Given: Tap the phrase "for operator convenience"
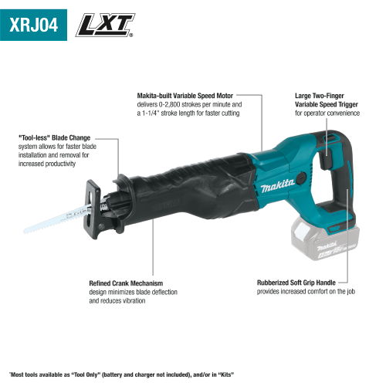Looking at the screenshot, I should tap(327, 113).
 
